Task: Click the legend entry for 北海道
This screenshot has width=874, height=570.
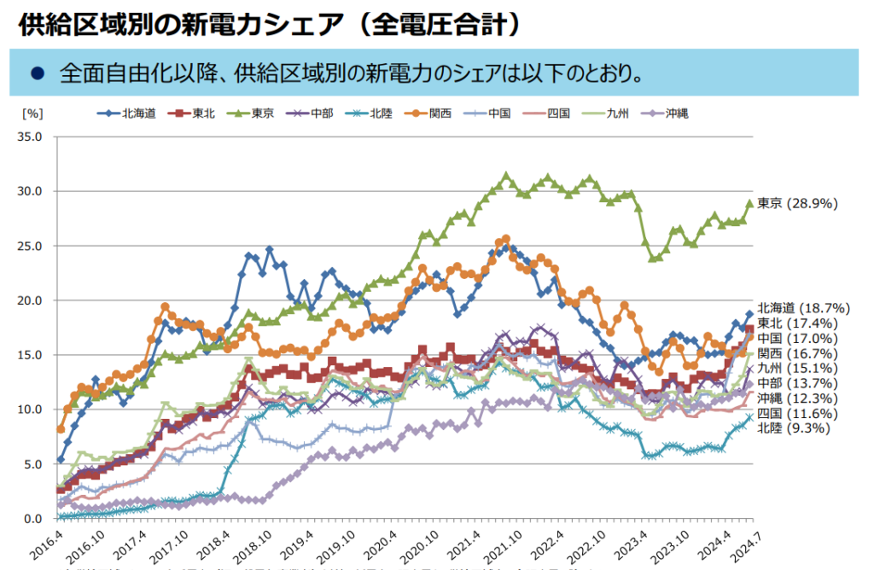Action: tap(127, 113)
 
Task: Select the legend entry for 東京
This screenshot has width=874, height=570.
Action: tap(248, 113)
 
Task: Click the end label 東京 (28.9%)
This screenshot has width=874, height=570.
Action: tap(798, 203)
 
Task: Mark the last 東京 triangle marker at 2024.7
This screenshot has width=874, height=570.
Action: tap(750, 203)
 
